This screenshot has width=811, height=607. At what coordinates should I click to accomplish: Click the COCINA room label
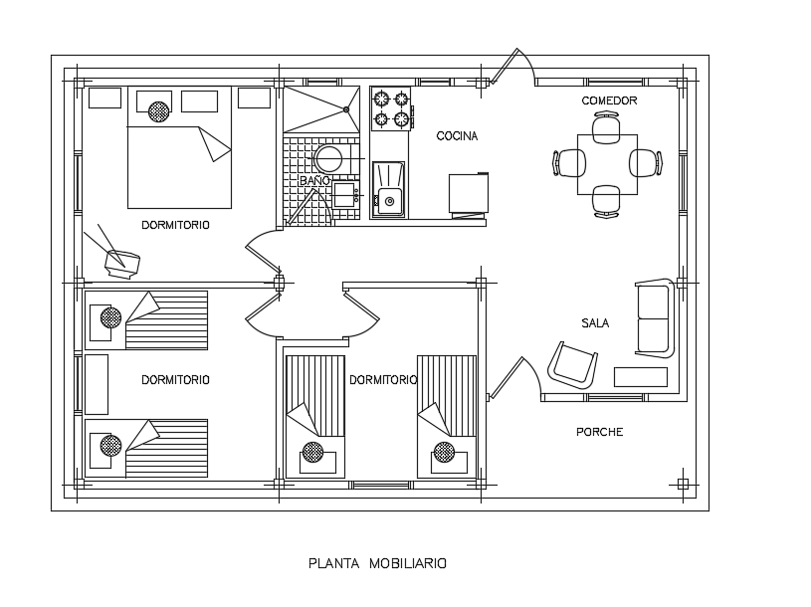(457, 136)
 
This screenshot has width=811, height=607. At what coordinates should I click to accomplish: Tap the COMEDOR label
(609, 101)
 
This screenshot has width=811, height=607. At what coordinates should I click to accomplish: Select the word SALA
(596, 323)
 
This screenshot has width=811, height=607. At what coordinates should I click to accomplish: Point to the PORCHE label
(600, 432)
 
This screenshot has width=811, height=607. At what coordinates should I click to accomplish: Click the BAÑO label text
(314, 181)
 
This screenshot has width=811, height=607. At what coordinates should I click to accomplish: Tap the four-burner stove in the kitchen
(391, 109)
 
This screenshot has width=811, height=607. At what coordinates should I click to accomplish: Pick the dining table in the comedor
(607, 164)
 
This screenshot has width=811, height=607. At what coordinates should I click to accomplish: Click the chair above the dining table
(607, 127)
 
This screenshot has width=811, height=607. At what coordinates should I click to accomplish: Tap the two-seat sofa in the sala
(654, 316)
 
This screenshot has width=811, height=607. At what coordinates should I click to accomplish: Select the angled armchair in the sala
(573, 364)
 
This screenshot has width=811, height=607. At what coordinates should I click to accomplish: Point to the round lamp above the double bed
(158, 110)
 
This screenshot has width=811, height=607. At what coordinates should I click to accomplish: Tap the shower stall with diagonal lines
(320, 109)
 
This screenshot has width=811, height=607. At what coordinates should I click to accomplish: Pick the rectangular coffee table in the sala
(641, 376)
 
